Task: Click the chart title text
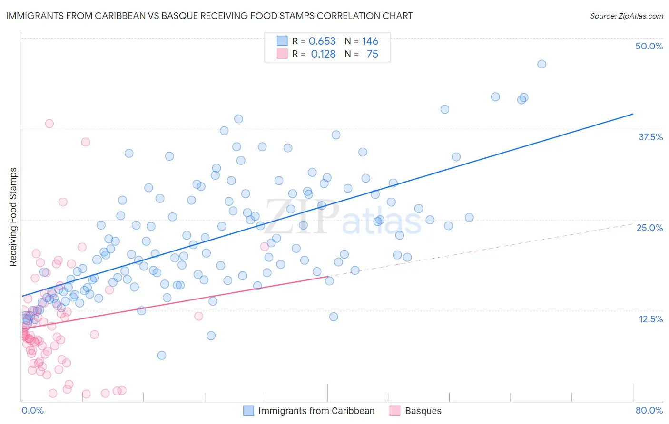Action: (209, 16)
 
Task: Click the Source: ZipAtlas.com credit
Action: (626, 16)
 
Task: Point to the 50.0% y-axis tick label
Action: (649, 46)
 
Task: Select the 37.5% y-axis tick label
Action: (650, 137)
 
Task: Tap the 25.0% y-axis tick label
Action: (649, 228)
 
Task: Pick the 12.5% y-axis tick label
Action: (650, 319)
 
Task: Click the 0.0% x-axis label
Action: (32, 410)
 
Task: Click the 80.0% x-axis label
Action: (649, 410)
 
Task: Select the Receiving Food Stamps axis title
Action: (13, 217)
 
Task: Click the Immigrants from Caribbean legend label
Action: (316, 411)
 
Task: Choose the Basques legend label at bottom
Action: (423, 411)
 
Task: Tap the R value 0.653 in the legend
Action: (322, 41)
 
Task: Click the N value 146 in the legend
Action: (370, 41)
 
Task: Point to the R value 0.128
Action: (323, 54)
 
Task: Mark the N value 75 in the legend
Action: (372, 54)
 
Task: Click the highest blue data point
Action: (541, 64)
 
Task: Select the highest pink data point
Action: (49, 124)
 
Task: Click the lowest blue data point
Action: (162, 355)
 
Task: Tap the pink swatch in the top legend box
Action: (282, 54)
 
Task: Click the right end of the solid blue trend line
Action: (633, 114)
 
